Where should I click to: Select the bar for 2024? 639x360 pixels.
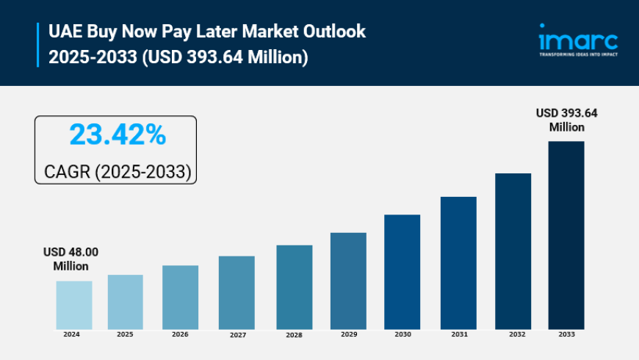click(x=74, y=305)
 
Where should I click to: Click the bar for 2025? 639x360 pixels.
click(x=126, y=302)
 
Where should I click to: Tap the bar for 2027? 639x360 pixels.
click(x=237, y=292)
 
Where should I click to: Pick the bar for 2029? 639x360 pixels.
click(x=348, y=281)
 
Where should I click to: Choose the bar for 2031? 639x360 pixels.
click(x=458, y=263)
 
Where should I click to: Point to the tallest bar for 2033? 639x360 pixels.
click(x=566, y=235)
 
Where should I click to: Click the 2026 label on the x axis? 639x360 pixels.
click(x=180, y=334)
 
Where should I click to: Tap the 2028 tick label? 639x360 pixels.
click(x=294, y=334)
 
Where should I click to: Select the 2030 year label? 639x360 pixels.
click(x=402, y=334)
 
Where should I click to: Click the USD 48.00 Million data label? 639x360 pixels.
click(x=71, y=259)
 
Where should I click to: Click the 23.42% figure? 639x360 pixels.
click(x=117, y=135)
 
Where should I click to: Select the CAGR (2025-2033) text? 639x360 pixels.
click(x=118, y=171)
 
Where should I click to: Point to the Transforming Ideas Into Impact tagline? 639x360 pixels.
click(x=578, y=54)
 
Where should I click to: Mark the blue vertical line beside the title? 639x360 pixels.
click(x=37, y=44)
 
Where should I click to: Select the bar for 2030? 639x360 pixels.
click(x=402, y=272)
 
